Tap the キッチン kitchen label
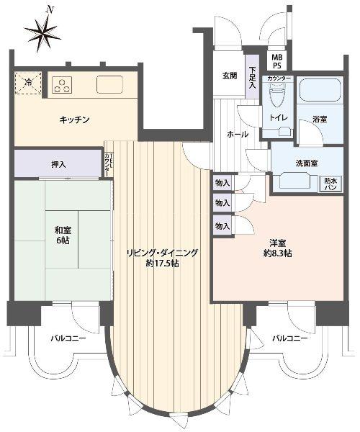pyautogui.click(x=74, y=120)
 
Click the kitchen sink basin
pyautogui.click(x=111, y=84)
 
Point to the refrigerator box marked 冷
pyautogui.click(x=27, y=83)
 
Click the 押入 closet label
pyautogui.click(x=59, y=165)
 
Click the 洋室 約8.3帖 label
pyautogui.click(x=277, y=247)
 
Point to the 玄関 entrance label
pyautogui.click(x=230, y=75)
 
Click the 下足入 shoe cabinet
pyautogui.click(x=252, y=78)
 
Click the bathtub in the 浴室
pyautogui.click(x=318, y=91)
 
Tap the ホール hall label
pyautogui.click(x=238, y=135)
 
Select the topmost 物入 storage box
pyautogui.click(x=221, y=184)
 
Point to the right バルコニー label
pyautogui.click(x=290, y=338)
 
